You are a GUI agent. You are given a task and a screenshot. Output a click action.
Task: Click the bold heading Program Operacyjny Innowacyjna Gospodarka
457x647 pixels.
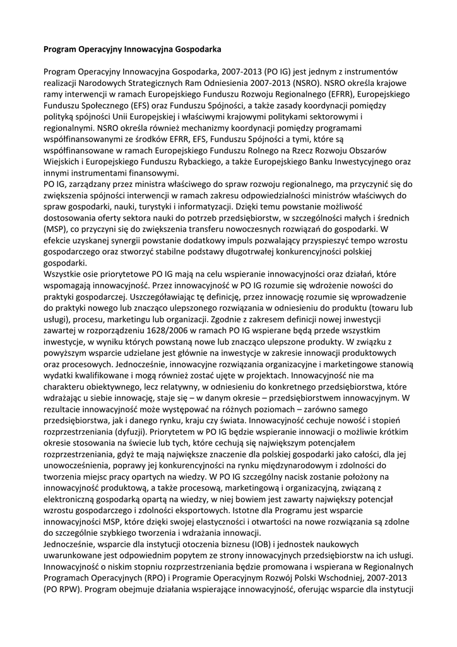[x=132, y=48]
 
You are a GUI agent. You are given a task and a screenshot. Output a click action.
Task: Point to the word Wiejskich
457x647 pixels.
[x=62, y=162]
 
